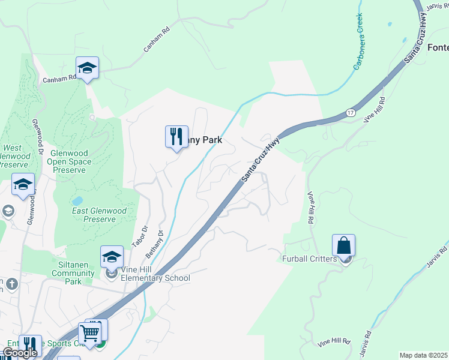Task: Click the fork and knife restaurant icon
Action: click(x=176, y=136)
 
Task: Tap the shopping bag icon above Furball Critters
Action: click(x=343, y=245)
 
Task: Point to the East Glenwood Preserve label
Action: click(x=99, y=215)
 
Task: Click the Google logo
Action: click(x=20, y=353)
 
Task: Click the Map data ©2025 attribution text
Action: click(x=423, y=355)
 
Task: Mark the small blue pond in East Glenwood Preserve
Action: click(x=77, y=200)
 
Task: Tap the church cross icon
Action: click(x=12, y=283)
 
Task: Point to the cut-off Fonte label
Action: click(x=438, y=48)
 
